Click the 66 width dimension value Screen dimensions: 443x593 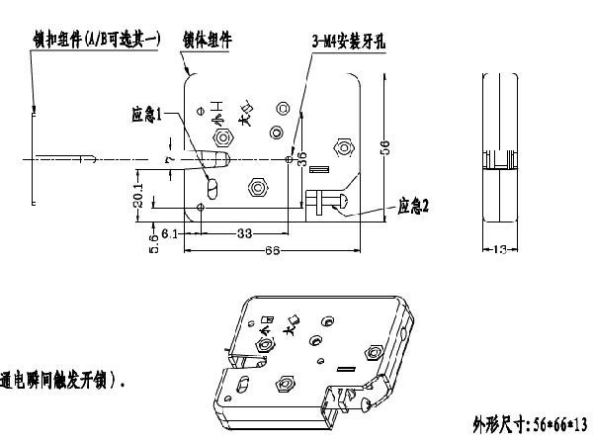point(270,251)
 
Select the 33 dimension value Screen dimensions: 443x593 point(241,233)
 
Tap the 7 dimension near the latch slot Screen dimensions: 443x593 point(168,158)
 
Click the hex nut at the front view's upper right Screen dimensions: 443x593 point(344,149)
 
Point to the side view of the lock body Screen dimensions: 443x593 point(500,158)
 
